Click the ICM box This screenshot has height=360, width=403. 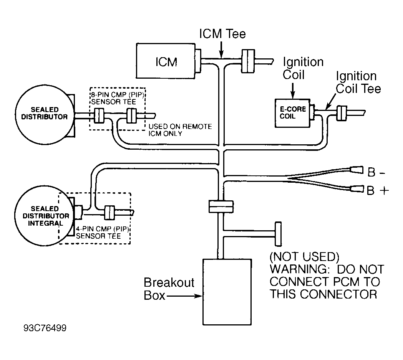click(166, 61)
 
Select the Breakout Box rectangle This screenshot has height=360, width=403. click(227, 292)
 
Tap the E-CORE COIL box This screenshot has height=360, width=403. click(292, 113)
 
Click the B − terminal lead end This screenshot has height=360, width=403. click(357, 170)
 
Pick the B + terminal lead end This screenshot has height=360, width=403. click(357, 189)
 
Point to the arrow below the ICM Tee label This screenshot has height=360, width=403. click(221, 49)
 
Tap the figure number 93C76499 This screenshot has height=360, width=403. click(45, 328)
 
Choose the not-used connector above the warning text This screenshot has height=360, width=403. click(278, 234)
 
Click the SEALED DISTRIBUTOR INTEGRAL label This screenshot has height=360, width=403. click(45, 216)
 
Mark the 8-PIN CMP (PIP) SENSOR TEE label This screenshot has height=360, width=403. click(117, 98)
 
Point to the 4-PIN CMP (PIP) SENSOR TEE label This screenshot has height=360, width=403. click(102, 232)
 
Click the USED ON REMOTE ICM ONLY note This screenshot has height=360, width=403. click(180, 130)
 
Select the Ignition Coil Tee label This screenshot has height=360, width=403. click(358, 83)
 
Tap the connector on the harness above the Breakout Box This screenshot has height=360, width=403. click(221, 206)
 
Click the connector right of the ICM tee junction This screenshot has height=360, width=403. click(248, 61)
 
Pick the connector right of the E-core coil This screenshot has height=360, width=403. click(342, 113)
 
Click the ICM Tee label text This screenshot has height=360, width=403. click(222, 34)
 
